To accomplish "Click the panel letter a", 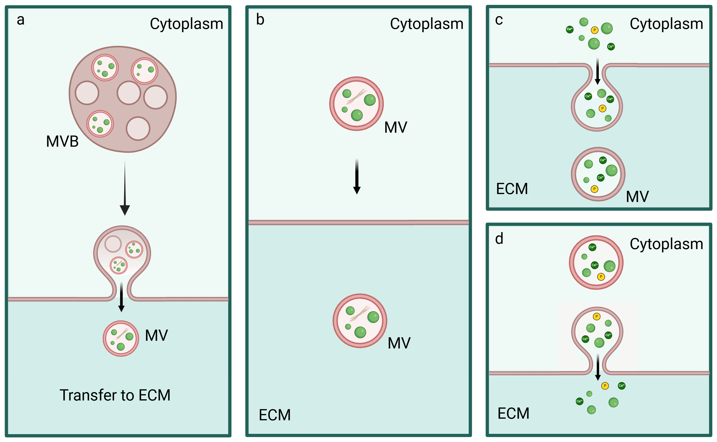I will [21, 20].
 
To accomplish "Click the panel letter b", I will [260, 20].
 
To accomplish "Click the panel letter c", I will [499, 20].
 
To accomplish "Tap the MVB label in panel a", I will [62, 142].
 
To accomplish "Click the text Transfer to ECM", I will [115, 395].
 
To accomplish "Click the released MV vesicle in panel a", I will [121, 338].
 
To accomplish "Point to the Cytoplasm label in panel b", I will [427, 24].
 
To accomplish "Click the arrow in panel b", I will [357, 177].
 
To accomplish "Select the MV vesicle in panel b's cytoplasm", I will [356, 104].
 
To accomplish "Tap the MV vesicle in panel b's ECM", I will [360, 321].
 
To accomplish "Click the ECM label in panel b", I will [275, 415].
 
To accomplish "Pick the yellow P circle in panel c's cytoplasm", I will [594, 30].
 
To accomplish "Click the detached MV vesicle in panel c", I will [598, 174].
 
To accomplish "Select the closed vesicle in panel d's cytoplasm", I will [596, 262].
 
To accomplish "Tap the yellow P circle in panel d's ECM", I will [605, 386].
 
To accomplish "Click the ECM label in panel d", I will [513, 413].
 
